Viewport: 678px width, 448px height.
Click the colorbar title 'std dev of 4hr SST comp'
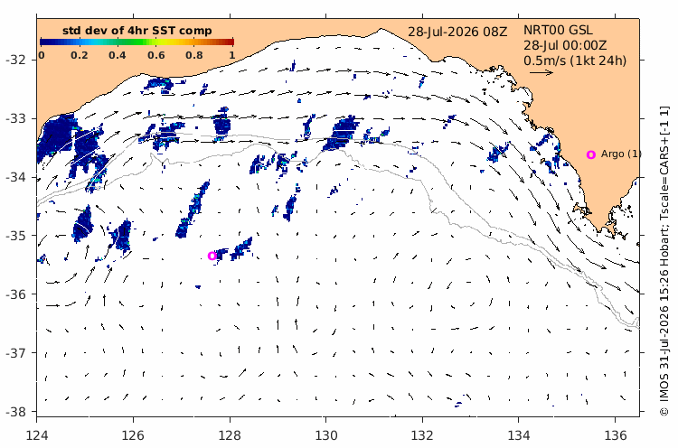click(137, 31)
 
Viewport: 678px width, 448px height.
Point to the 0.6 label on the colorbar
click(155, 55)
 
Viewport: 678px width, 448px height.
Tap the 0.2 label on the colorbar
click(80, 55)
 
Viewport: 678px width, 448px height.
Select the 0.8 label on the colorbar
click(194, 55)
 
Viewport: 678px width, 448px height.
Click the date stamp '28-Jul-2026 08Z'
click(457, 32)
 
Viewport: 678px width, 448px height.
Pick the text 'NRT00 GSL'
click(558, 30)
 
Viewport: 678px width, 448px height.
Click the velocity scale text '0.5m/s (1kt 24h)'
click(575, 61)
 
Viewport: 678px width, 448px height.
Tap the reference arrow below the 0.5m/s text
click(541, 72)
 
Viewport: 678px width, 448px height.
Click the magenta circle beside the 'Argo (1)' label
click(591, 154)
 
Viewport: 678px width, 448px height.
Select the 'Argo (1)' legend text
click(621, 154)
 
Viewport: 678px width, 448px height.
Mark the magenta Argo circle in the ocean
click(212, 256)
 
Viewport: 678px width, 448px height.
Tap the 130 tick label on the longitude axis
click(326, 435)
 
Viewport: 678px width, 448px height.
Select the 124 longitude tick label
click(37, 435)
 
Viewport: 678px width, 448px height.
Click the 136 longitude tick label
click(616, 435)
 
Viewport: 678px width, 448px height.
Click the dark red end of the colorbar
click(231, 42)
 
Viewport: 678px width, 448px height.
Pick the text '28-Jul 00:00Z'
click(565, 45)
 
